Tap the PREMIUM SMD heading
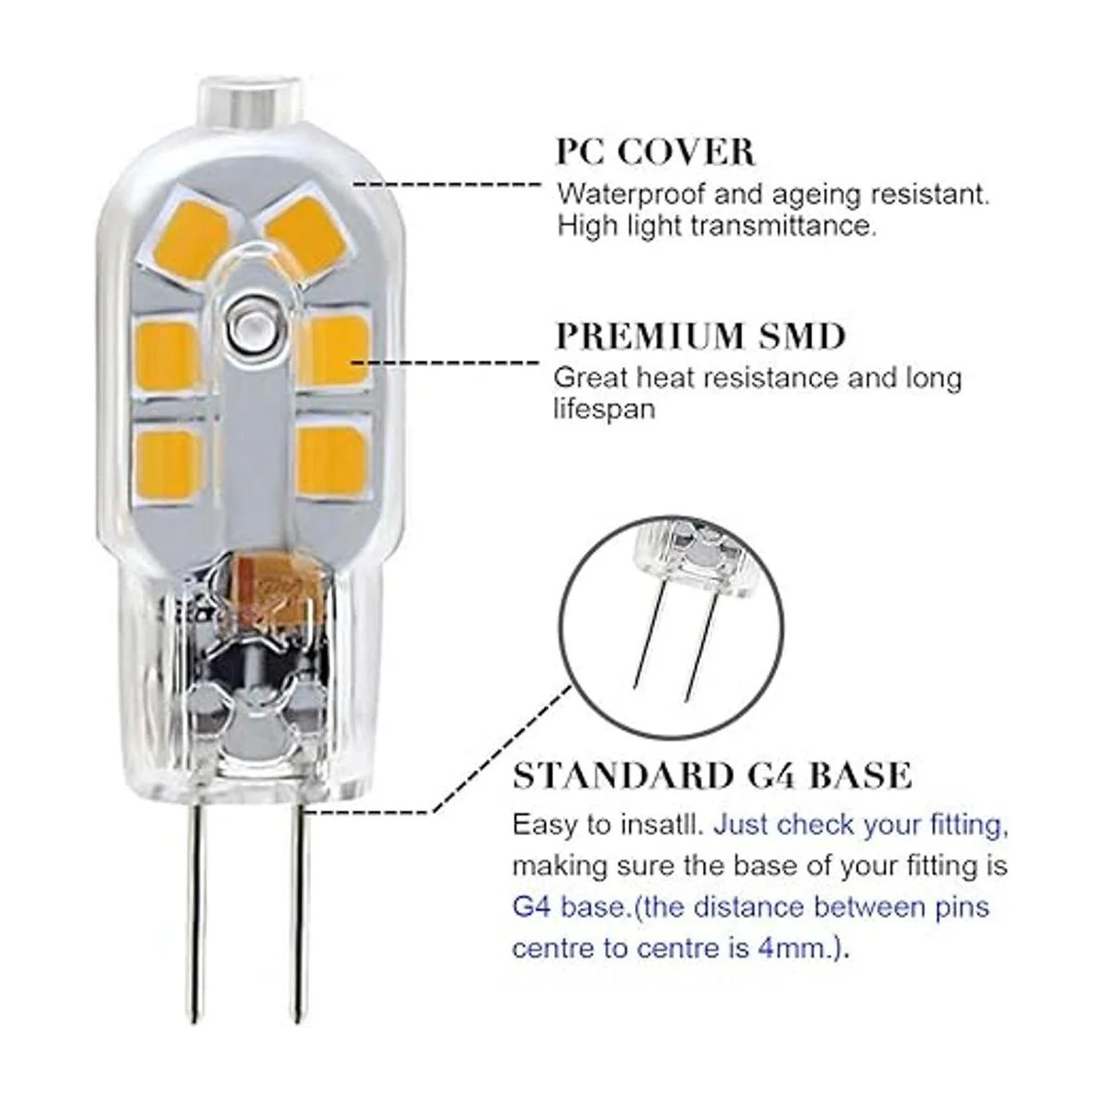coord(700,337)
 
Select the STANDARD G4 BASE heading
coord(712,775)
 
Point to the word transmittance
coord(783,226)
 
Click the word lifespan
coord(604,409)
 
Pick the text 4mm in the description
coord(791,949)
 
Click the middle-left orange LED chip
coord(168,352)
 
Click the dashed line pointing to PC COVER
coord(445,184)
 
